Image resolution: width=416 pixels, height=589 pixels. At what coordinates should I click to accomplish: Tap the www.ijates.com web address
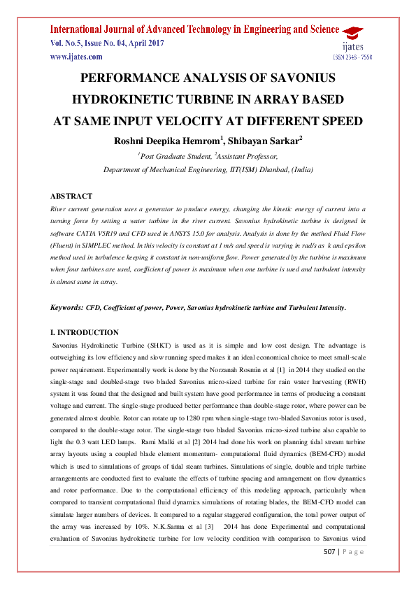coord(76,57)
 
